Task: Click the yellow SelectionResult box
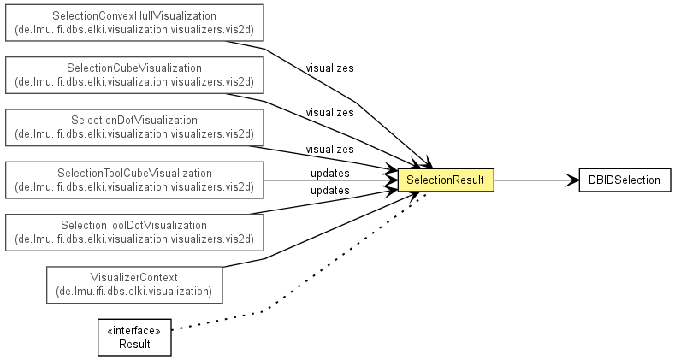[x=446, y=180]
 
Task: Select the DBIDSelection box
[x=625, y=180]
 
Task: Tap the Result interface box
[x=134, y=337]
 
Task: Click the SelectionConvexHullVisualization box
[x=134, y=23]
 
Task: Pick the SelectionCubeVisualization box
[x=134, y=75]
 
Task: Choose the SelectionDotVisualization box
[x=134, y=127]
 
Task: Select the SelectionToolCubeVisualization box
[x=134, y=180]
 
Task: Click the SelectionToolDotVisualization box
[x=134, y=233]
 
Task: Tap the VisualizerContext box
[x=134, y=285]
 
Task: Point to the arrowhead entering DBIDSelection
[x=573, y=180]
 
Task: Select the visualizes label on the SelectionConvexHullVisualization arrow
[x=329, y=68]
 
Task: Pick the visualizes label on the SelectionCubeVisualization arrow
[x=329, y=112]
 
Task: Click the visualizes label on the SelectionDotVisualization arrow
[x=329, y=150]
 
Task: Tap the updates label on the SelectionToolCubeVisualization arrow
[x=329, y=173]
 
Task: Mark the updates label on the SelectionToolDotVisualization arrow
[x=329, y=190]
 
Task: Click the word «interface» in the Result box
[x=134, y=330]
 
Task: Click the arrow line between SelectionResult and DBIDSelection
[x=536, y=180]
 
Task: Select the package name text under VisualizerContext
[x=134, y=292]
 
